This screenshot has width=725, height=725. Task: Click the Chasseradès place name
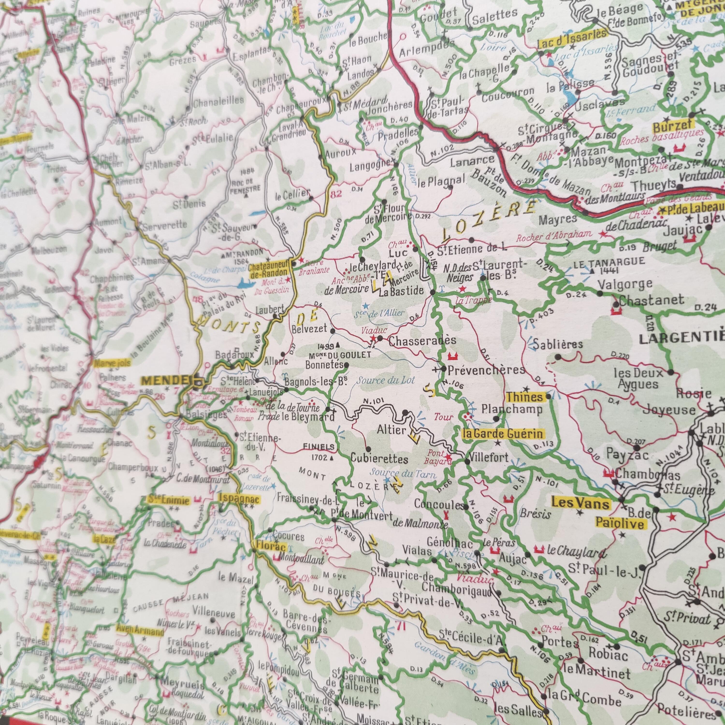coord(417,341)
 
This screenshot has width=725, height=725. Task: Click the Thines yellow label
coord(525,397)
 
